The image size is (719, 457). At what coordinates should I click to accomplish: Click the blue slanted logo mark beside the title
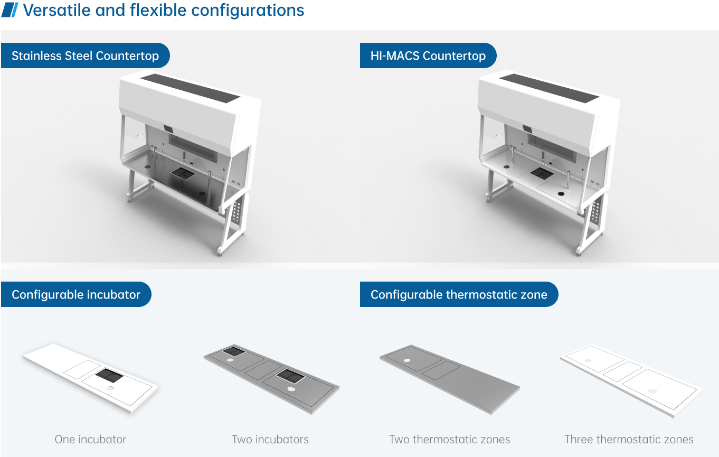click(x=10, y=10)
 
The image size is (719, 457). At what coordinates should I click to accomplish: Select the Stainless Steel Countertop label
click(x=86, y=55)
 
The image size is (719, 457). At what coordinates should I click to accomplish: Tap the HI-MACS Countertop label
click(x=428, y=55)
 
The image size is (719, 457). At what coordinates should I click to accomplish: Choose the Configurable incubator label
click(x=76, y=294)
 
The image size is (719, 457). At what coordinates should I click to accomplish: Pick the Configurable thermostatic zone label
click(x=459, y=294)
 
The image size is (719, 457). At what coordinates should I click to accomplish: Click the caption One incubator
click(x=90, y=440)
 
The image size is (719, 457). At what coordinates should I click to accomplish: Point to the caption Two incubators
click(x=270, y=440)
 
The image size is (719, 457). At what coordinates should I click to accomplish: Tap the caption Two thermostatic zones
click(x=449, y=440)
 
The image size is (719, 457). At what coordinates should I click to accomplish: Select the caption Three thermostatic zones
click(x=629, y=440)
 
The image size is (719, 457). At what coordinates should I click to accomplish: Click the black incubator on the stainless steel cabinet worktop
click(x=183, y=173)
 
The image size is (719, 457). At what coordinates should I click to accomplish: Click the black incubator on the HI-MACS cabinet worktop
click(x=542, y=173)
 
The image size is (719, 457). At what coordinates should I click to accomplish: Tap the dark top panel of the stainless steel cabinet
click(x=190, y=88)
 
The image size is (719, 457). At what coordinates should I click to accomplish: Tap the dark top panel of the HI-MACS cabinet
click(x=549, y=88)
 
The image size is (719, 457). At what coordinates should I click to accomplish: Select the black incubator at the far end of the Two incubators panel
click(x=234, y=351)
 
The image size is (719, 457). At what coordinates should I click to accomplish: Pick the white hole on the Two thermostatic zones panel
click(x=406, y=360)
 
